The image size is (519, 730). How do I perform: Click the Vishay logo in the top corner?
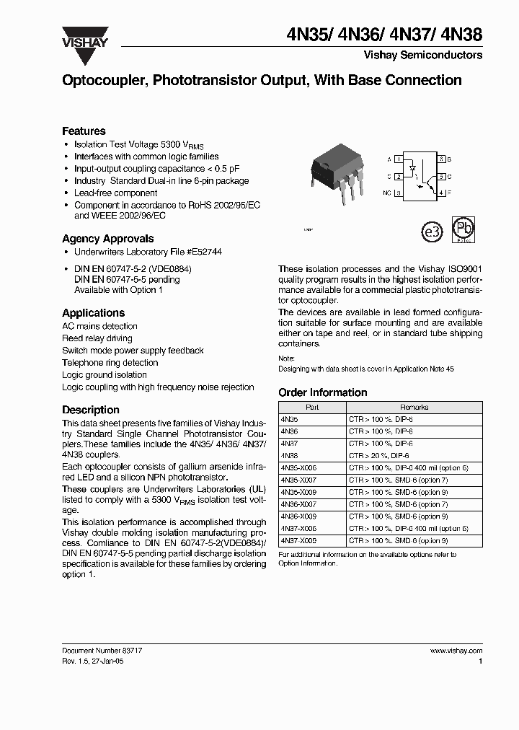click(x=84, y=37)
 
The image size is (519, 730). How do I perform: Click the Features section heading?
click(x=84, y=131)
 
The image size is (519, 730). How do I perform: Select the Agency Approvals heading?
click(x=107, y=239)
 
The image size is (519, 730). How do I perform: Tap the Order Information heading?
click(x=322, y=392)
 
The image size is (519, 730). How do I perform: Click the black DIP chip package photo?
click(x=335, y=171)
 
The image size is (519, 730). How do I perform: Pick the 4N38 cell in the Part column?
click(x=289, y=456)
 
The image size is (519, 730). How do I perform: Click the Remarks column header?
click(x=414, y=407)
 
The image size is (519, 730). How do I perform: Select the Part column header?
click(x=313, y=407)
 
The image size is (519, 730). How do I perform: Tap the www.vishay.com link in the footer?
click(x=456, y=650)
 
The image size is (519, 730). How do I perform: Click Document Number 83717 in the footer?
click(x=102, y=650)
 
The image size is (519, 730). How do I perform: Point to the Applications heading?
click(x=93, y=313)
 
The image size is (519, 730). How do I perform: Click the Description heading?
click(x=90, y=410)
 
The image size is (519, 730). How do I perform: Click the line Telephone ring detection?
click(x=110, y=363)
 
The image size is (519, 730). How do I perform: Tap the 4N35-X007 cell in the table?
click(x=298, y=480)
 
